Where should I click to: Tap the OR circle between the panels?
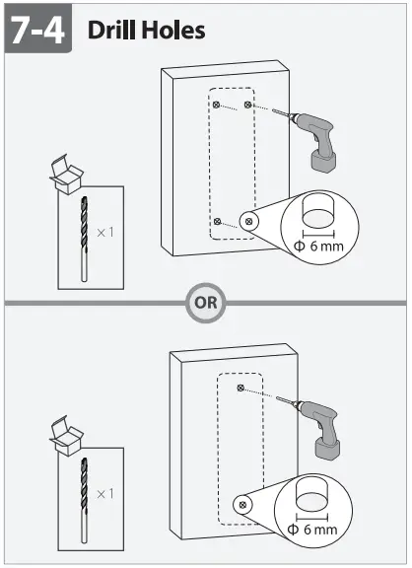tap(203, 303)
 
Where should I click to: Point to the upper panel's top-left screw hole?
tap(215, 104)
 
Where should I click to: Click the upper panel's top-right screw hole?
tap(248, 104)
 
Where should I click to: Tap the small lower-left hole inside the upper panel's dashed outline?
tap(218, 221)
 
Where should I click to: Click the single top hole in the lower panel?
tap(240, 389)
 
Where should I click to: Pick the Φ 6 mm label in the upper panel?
tap(319, 245)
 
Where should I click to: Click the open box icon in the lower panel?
tap(65, 436)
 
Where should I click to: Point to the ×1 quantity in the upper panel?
tap(105, 233)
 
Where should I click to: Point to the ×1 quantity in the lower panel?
tap(106, 492)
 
